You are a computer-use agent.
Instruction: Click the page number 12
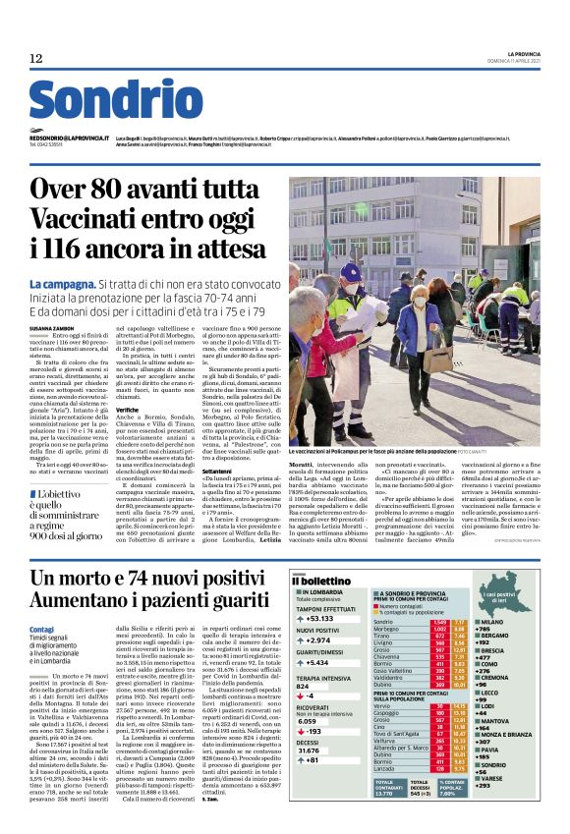pyautogui.click(x=36, y=60)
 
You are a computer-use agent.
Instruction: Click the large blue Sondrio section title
pyautogui.click(x=115, y=102)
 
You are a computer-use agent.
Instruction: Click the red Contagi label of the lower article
pyautogui.click(x=42, y=627)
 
